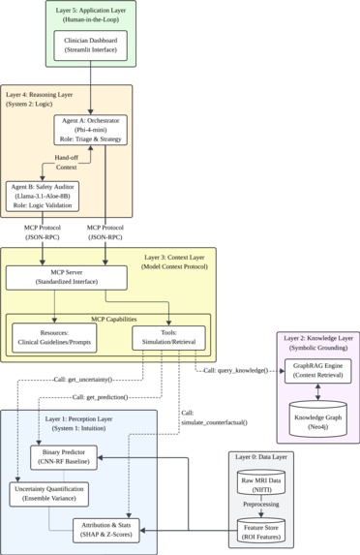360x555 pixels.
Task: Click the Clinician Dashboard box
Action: [x=89, y=46]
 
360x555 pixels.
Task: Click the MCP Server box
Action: [x=66, y=279]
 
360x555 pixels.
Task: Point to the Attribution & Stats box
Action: [x=114, y=529]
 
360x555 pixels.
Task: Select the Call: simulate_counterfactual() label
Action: [x=215, y=418]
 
